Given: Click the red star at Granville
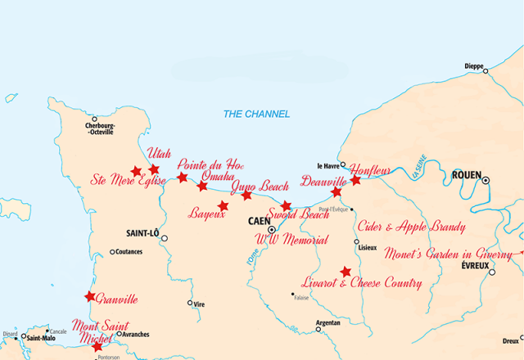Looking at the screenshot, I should click(x=90, y=296).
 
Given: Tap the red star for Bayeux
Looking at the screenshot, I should click(x=223, y=205).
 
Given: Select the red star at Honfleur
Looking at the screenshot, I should click(x=355, y=179).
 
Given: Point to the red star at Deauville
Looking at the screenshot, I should click(x=336, y=192).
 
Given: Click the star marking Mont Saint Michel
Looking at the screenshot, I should click(x=98, y=347).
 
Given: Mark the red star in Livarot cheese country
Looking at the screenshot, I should click(x=346, y=272).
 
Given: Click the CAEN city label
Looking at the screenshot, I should click(x=259, y=221).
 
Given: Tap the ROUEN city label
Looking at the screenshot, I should click(x=465, y=175).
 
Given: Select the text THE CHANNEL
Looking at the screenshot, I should click(x=256, y=114).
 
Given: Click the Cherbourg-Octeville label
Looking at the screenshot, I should click(x=106, y=128).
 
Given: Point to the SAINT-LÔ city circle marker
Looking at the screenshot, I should click(x=165, y=238).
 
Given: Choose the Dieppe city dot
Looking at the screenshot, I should click(x=486, y=71).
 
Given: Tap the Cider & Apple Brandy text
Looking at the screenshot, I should click(x=413, y=227).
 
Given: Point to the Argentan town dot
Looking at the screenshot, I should click(x=319, y=329).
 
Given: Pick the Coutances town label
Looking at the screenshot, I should click(x=129, y=252).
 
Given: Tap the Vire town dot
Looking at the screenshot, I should click(x=191, y=303).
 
